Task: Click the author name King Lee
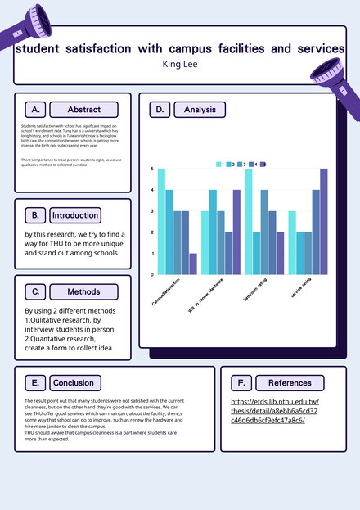(180, 64)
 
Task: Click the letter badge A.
(34, 110)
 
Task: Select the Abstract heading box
(83, 110)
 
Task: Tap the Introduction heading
(74, 215)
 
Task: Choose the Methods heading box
(83, 291)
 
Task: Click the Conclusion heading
(73, 382)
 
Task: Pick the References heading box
(289, 382)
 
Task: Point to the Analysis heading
(200, 110)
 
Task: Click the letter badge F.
(241, 382)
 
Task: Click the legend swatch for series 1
(219, 165)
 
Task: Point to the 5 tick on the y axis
(152, 169)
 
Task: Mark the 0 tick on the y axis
(152, 275)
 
